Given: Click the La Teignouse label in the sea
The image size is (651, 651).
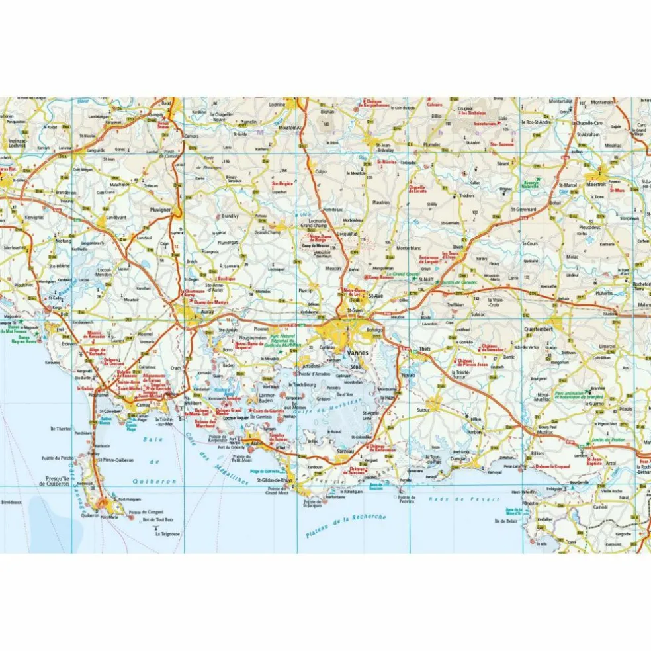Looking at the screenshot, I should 168,533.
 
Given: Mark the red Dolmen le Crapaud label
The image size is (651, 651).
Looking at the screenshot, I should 552,466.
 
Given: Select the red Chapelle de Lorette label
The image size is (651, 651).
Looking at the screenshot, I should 417,189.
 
